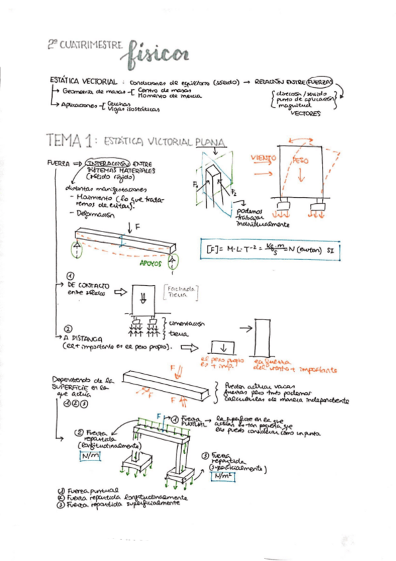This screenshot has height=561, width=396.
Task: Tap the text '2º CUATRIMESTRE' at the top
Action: click(x=85, y=44)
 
